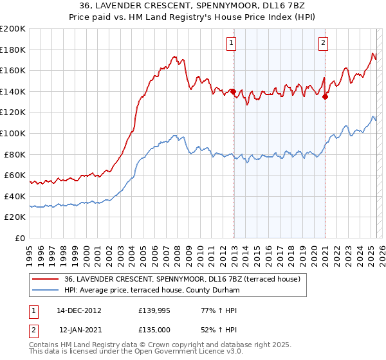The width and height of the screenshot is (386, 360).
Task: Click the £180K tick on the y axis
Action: [x=13, y=50]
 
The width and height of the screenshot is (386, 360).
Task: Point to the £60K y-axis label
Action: [x=15, y=175]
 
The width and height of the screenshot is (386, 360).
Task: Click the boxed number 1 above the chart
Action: [x=231, y=44]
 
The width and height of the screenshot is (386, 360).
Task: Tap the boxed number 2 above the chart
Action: [x=323, y=44]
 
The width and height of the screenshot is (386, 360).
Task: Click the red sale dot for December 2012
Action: [x=233, y=92]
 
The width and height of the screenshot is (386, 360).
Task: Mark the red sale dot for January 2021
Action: [x=325, y=97]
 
